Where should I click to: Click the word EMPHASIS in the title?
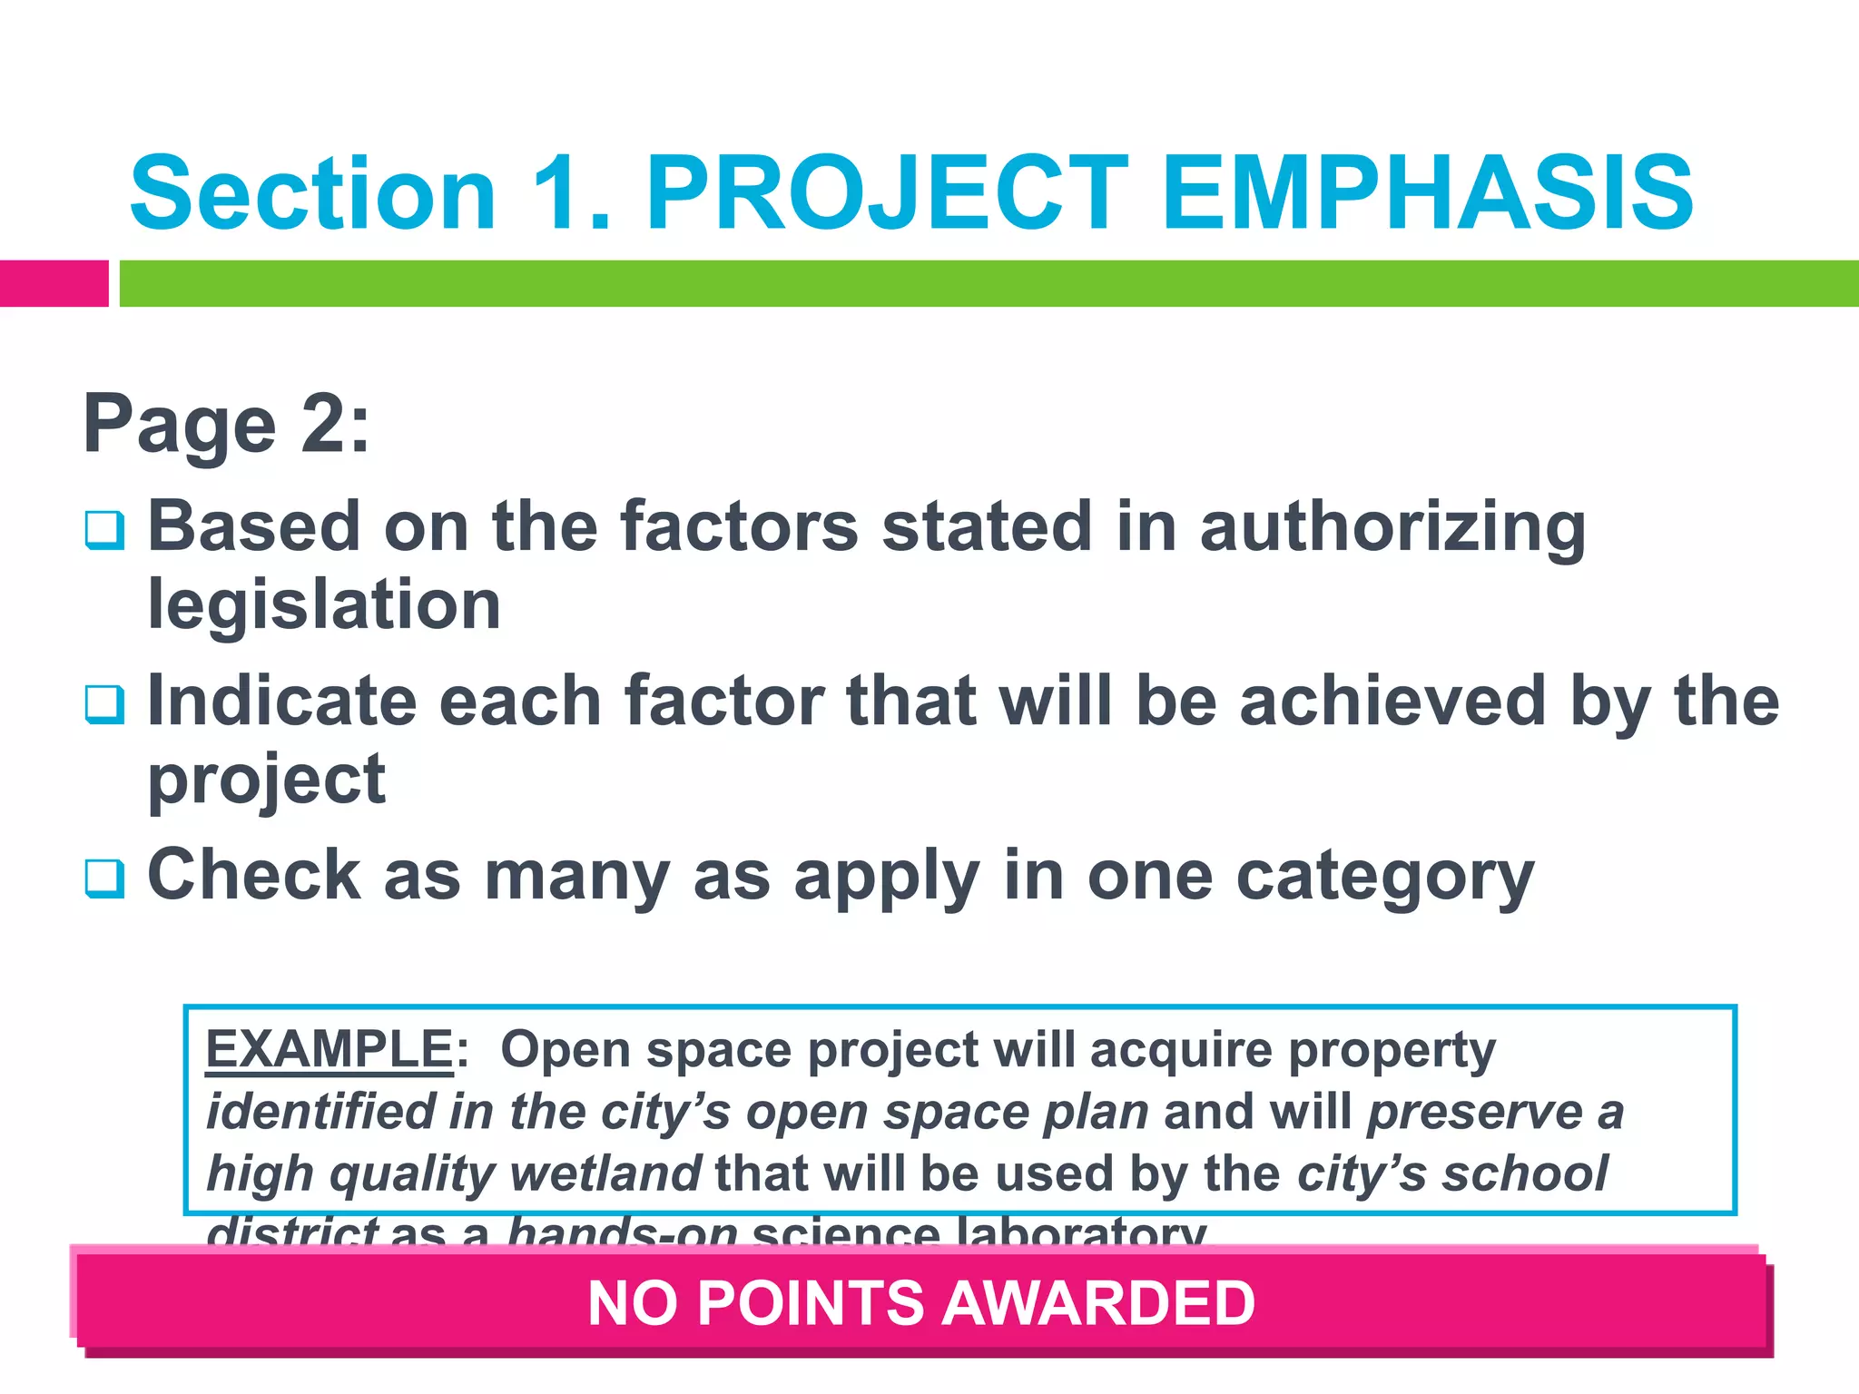point(1427,193)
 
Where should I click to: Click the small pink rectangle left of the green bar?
point(54,283)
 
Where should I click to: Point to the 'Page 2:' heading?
point(227,424)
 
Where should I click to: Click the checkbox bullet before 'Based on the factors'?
point(104,529)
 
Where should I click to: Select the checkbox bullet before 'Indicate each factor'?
point(104,703)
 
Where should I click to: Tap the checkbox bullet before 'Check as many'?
point(104,878)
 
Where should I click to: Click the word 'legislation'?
point(324,604)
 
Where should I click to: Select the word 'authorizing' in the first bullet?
point(1392,528)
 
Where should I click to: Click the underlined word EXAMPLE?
point(330,1050)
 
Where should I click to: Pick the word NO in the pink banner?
point(632,1303)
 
